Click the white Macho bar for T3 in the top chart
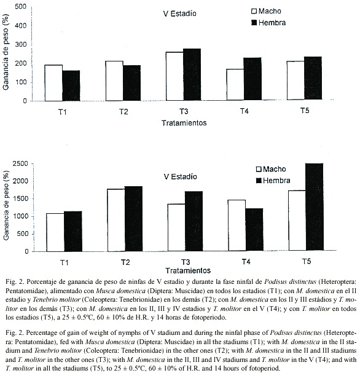(174, 76)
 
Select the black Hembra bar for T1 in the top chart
(71, 85)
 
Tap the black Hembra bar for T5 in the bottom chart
(315, 206)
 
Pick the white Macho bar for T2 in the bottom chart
(116, 220)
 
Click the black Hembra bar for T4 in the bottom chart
(254, 230)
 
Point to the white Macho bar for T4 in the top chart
(235, 84)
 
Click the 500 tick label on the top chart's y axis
(21, 7)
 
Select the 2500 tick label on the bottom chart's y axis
(20, 163)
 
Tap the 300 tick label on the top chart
(21, 44)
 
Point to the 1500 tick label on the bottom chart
(20, 198)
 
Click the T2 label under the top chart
(123, 112)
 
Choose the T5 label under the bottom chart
(307, 261)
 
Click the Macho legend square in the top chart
(254, 11)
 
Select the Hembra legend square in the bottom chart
(259, 181)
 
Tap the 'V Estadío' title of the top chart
(180, 14)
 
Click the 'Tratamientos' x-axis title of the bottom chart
(188, 270)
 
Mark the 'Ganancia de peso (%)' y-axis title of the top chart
(6, 52)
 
